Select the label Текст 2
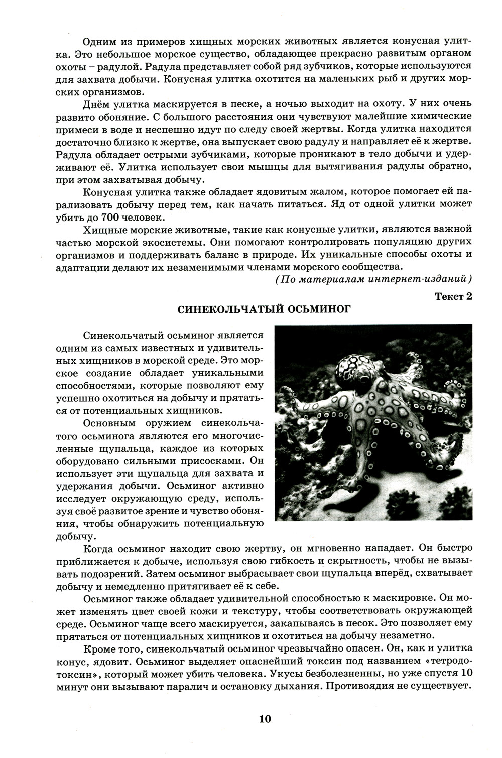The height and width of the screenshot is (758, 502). (453, 296)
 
